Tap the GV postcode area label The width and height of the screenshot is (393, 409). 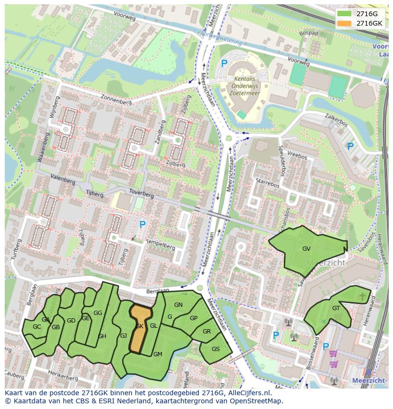[306, 248]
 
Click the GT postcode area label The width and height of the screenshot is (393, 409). [336, 308]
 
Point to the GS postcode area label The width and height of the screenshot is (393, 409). [215, 349]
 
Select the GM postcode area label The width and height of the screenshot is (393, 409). [158, 354]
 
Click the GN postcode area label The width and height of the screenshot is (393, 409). [178, 305]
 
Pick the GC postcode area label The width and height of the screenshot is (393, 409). [37, 327]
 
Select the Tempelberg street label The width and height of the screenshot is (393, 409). [160, 244]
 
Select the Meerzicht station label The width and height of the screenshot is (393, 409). [369, 380]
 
